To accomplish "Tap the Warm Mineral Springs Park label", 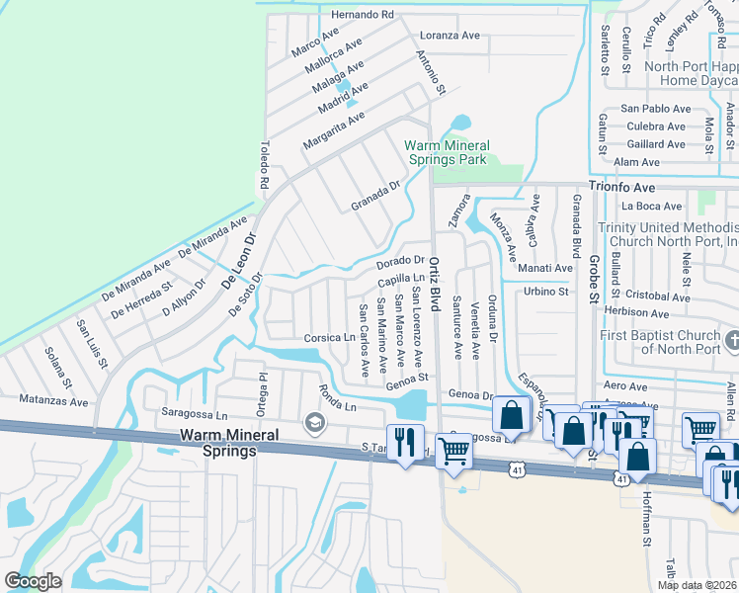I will (x=447, y=152).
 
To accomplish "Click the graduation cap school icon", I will (x=315, y=424).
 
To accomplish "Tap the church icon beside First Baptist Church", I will (x=731, y=342).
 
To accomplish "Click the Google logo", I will (x=33, y=581).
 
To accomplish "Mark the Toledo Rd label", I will (x=265, y=165).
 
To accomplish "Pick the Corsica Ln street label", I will (x=329, y=337).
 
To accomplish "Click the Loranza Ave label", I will (x=450, y=36).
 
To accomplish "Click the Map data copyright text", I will (x=698, y=585).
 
